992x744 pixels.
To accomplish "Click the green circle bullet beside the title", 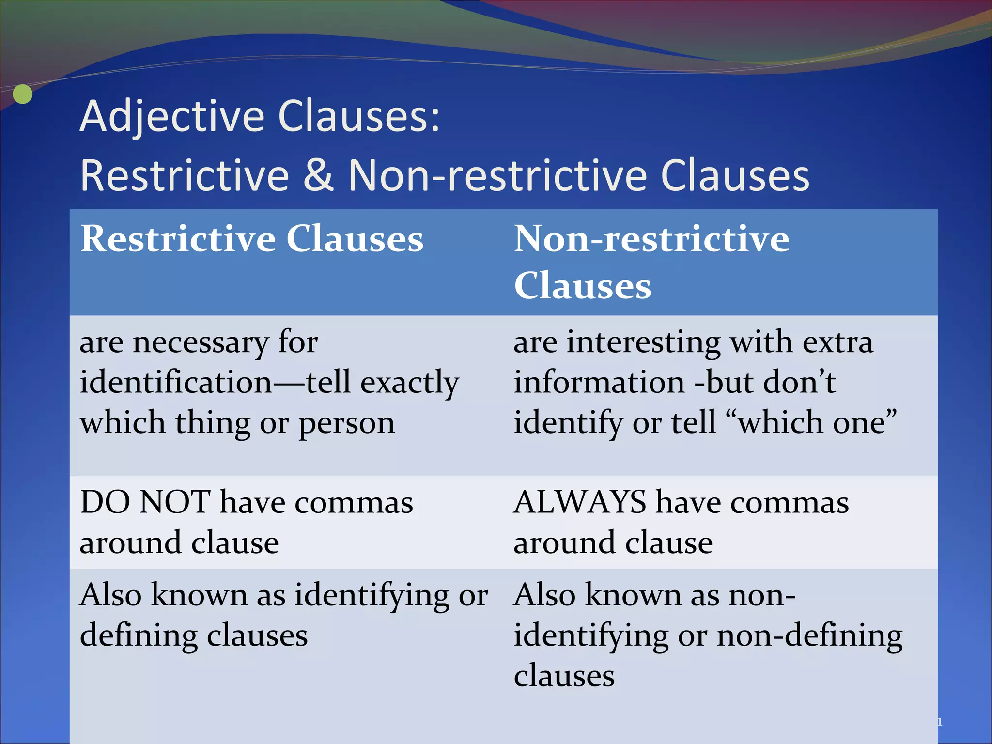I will (22, 94).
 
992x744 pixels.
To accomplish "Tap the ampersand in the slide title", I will (318, 175).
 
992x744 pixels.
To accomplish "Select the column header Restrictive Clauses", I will (252, 239).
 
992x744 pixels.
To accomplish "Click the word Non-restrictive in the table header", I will (651, 239).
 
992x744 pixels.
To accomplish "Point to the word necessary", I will (201, 343).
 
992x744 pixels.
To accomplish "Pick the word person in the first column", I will (346, 423).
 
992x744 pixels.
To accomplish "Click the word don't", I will (799, 383).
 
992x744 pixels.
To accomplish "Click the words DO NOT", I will (145, 502).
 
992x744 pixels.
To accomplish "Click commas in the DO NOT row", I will (354, 503).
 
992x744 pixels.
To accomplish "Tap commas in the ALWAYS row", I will (790, 503).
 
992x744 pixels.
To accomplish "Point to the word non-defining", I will (810, 635).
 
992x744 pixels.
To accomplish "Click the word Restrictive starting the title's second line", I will (185, 175).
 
